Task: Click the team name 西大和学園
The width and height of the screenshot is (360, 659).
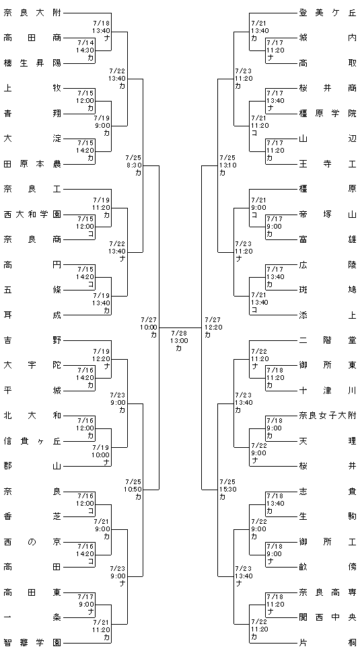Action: pos(32,215)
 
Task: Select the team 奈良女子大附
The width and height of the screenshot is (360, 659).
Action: pos(328,416)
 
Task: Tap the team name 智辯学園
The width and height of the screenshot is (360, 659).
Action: pos(32,643)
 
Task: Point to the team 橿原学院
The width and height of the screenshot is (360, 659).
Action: pos(328,114)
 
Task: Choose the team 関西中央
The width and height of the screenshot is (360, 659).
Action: pos(328,617)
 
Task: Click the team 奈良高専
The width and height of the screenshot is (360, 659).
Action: pos(328,592)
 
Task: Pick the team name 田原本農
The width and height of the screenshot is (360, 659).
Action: pos(32,164)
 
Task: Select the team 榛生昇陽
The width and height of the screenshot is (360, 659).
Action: pos(32,63)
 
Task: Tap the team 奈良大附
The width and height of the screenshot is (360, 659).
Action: pos(32,13)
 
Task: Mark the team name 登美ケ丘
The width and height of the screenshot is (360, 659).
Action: pos(328,13)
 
